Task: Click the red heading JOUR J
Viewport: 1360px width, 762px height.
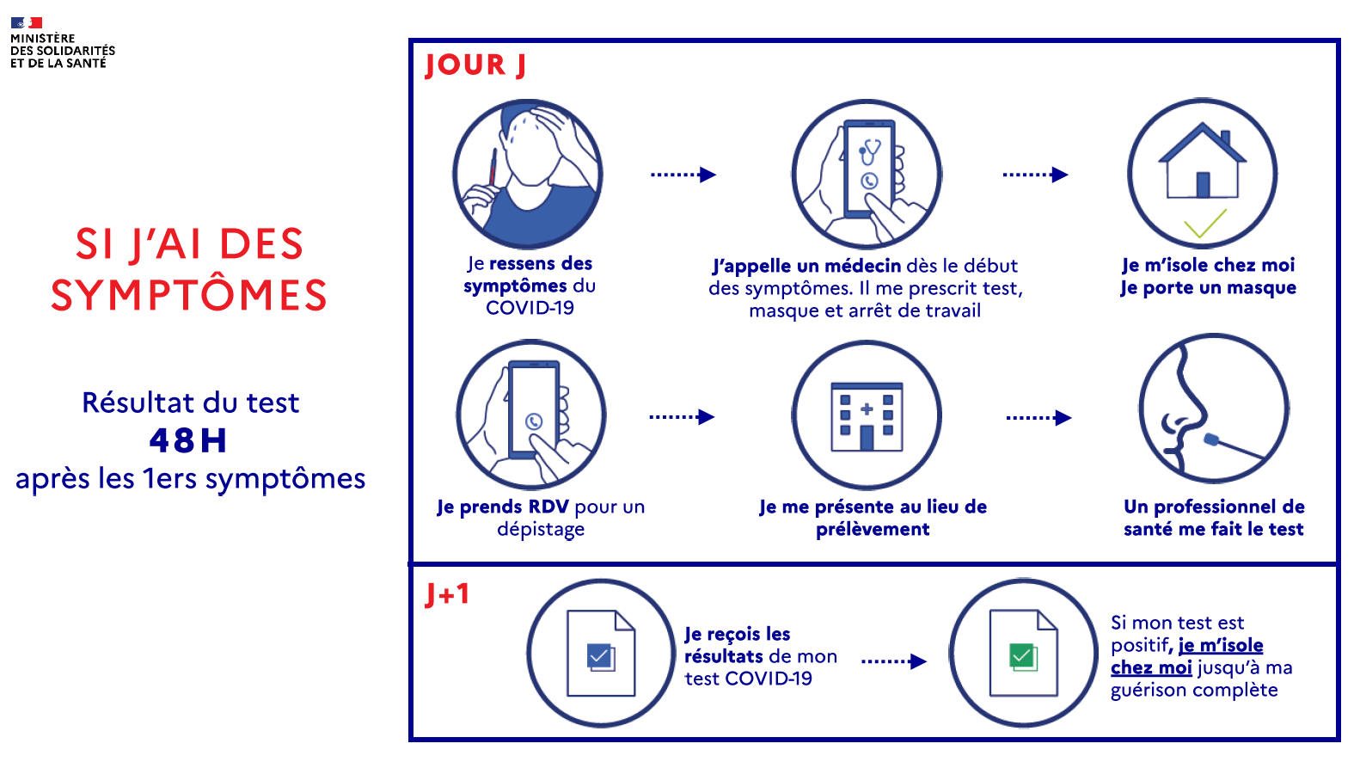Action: (x=475, y=65)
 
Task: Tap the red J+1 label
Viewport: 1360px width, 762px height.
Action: (x=447, y=594)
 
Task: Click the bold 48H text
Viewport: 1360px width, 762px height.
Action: (x=188, y=440)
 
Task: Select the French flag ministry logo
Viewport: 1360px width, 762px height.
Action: (x=27, y=23)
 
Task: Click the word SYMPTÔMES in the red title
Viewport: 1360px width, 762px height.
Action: (x=189, y=295)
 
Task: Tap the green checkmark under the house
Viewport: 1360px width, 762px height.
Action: (x=1204, y=224)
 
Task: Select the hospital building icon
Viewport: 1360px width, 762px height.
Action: (x=867, y=417)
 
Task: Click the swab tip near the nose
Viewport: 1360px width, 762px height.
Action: (x=1211, y=439)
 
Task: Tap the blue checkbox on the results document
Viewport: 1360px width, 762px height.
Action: (x=599, y=658)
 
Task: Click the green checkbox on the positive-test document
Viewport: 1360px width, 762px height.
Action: (x=1022, y=657)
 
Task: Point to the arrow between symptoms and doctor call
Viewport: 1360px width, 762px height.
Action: (x=683, y=175)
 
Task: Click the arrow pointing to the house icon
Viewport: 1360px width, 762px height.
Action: (x=1035, y=175)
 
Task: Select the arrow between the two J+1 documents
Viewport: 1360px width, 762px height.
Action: (x=894, y=661)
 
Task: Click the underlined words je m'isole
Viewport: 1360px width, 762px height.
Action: (x=1221, y=645)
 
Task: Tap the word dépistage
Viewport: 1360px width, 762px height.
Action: (x=541, y=530)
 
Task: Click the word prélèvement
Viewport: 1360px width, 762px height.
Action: (x=873, y=529)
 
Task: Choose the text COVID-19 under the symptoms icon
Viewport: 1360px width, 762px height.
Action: (x=530, y=308)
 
